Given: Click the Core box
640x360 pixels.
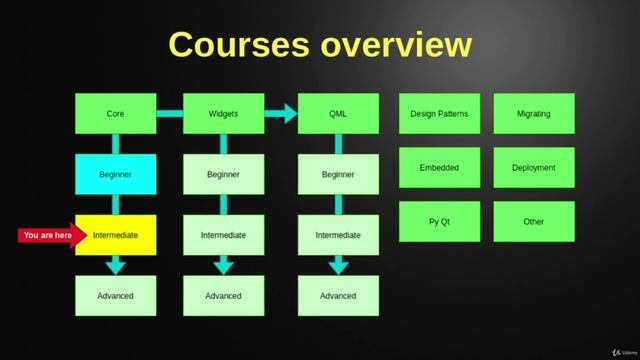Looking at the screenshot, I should (115, 114).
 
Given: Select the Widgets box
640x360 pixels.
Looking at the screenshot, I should (223, 114).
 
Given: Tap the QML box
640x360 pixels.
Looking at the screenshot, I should (338, 114).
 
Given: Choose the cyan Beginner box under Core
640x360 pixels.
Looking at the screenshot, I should (115, 174).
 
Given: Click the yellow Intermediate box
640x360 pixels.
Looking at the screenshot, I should (115, 235).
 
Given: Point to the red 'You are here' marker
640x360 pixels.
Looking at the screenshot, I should (48, 235).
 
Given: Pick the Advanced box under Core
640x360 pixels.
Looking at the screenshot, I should (115, 296).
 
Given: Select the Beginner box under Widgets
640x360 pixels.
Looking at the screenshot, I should (223, 174).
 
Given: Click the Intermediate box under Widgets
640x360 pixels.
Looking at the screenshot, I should (223, 235).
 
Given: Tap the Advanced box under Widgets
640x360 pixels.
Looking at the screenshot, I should (223, 296).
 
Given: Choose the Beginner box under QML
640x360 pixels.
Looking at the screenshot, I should (338, 174).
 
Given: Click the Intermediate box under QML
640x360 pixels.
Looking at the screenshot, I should (338, 235).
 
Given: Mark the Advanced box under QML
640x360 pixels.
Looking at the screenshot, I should (338, 296).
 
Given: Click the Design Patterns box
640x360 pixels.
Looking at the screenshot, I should (439, 114).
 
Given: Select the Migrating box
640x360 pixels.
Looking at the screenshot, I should (534, 114).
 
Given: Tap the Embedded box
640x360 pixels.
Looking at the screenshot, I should (439, 168).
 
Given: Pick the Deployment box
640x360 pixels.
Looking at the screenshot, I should (534, 168).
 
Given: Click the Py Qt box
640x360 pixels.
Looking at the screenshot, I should (439, 221).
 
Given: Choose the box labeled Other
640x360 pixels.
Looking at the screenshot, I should (534, 221).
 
